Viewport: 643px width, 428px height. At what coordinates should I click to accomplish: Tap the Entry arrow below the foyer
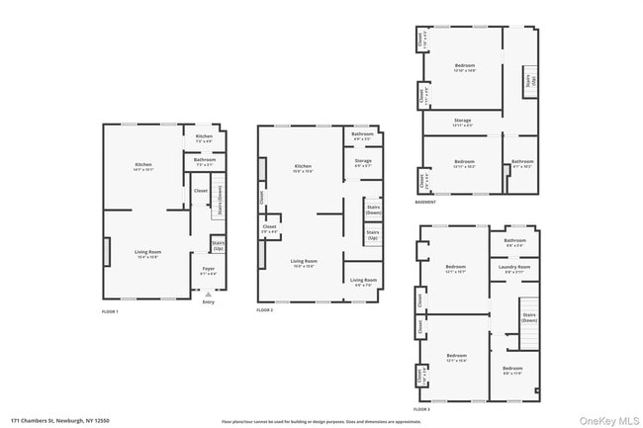tap(208, 295)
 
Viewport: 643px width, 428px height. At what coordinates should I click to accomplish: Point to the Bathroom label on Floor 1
tap(205, 161)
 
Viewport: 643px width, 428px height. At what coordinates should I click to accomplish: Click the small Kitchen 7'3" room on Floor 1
tap(204, 138)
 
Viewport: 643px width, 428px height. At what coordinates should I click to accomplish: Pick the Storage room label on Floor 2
tap(363, 162)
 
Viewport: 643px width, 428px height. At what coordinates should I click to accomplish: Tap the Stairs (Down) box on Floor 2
tap(373, 210)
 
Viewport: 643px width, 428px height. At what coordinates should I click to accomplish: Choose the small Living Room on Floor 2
tap(363, 281)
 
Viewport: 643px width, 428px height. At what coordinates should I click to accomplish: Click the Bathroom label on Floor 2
tap(363, 138)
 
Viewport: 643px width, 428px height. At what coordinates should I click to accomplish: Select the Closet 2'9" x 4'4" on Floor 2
tap(269, 228)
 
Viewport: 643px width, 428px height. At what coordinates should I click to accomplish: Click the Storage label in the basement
tap(463, 123)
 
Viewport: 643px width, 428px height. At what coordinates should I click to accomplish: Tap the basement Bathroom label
tap(522, 163)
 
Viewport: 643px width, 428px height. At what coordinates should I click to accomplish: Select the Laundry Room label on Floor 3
tap(515, 268)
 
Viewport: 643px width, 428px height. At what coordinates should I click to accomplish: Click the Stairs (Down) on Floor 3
tap(529, 318)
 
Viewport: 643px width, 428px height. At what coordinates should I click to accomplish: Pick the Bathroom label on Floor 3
tap(515, 242)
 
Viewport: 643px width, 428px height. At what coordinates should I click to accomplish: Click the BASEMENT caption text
tap(425, 203)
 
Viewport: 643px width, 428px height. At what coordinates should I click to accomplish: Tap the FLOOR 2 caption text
tap(264, 310)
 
